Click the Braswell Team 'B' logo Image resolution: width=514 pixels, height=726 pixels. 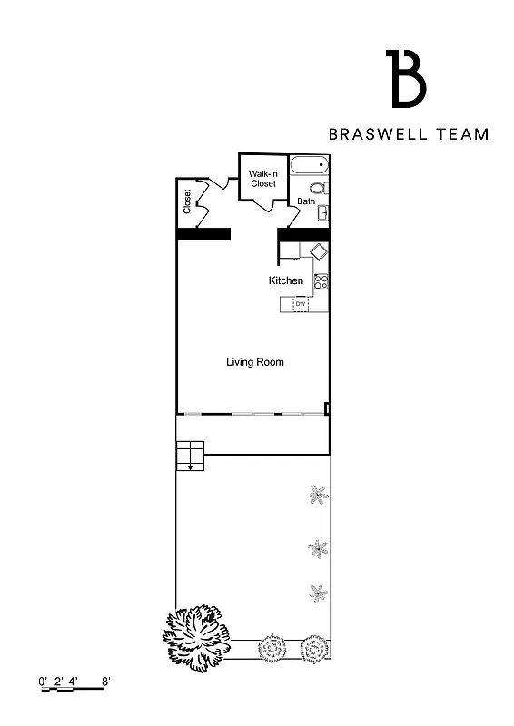405,79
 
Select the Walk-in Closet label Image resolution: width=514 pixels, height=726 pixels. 263,178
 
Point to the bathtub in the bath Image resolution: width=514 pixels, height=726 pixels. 309,167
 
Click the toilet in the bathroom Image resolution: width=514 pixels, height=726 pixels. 318,189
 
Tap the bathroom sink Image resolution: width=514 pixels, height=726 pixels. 322,214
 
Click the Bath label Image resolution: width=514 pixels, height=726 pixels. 306,201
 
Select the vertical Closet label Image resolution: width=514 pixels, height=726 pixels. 187,201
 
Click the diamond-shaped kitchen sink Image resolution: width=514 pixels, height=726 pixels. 318,251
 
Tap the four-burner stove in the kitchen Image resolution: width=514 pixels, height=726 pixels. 321,281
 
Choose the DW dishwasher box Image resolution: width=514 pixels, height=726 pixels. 301,304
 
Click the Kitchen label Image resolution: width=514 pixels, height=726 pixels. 285,280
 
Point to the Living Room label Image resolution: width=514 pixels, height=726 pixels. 254,362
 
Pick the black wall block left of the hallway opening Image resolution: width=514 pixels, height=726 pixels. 203,234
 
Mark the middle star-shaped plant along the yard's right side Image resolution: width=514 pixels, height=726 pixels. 318,549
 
